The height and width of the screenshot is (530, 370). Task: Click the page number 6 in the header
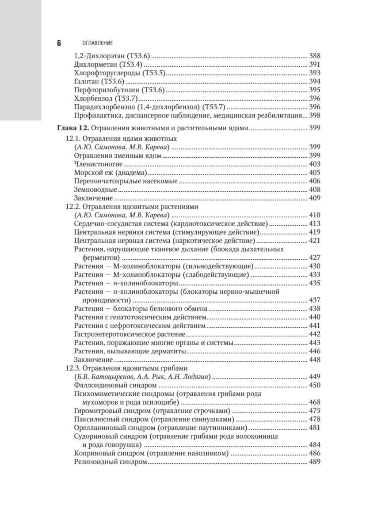pos(59,43)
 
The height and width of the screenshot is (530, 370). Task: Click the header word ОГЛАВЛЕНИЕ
pos(98,43)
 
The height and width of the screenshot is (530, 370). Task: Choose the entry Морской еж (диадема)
pos(110,173)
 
